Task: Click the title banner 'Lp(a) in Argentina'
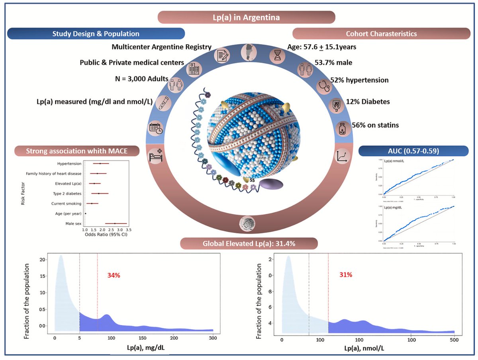(x=246, y=18)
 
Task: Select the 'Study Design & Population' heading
(x=96, y=33)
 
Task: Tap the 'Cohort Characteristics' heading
(x=382, y=33)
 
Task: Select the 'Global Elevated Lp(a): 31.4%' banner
(x=249, y=244)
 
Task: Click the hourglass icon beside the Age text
(x=276, y=55)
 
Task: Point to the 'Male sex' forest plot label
(x=73, y=224)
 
